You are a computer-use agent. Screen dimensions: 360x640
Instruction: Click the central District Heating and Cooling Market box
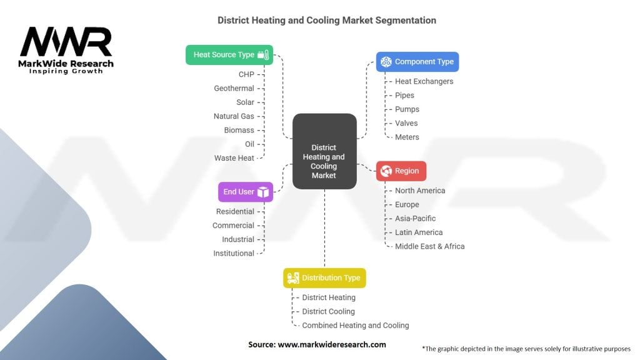[324, 151]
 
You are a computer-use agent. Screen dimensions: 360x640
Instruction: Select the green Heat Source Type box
[229, 54]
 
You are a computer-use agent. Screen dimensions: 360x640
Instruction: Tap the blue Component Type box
[417, 61]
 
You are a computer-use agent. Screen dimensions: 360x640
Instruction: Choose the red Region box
[401, 171]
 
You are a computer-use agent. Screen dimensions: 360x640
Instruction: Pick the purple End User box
[246, 192]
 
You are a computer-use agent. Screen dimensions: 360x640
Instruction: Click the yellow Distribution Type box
[324, 277]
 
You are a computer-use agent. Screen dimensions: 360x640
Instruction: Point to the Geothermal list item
[234, 88]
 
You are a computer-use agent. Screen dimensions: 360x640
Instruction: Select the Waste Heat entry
[234, 158]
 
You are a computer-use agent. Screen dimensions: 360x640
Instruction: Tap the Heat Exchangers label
[424, 81]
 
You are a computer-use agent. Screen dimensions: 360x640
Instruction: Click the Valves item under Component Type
[406, 123]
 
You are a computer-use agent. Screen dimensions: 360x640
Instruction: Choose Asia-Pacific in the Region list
[415, 218]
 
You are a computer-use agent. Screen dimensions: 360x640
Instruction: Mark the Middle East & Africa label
[429, 246]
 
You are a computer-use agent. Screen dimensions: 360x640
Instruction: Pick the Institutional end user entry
[234, 253]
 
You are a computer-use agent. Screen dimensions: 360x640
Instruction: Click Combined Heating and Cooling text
[355, 325]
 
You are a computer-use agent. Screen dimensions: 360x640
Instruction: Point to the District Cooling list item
[328, 311]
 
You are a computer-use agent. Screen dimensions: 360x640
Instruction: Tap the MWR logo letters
[66, 42]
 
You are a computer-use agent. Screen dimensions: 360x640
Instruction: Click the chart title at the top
[327, 20]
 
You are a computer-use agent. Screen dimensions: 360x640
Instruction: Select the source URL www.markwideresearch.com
[332, 344]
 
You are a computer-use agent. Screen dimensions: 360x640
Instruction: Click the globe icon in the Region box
[386, 171]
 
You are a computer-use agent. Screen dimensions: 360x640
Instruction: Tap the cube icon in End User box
[263, 192]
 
